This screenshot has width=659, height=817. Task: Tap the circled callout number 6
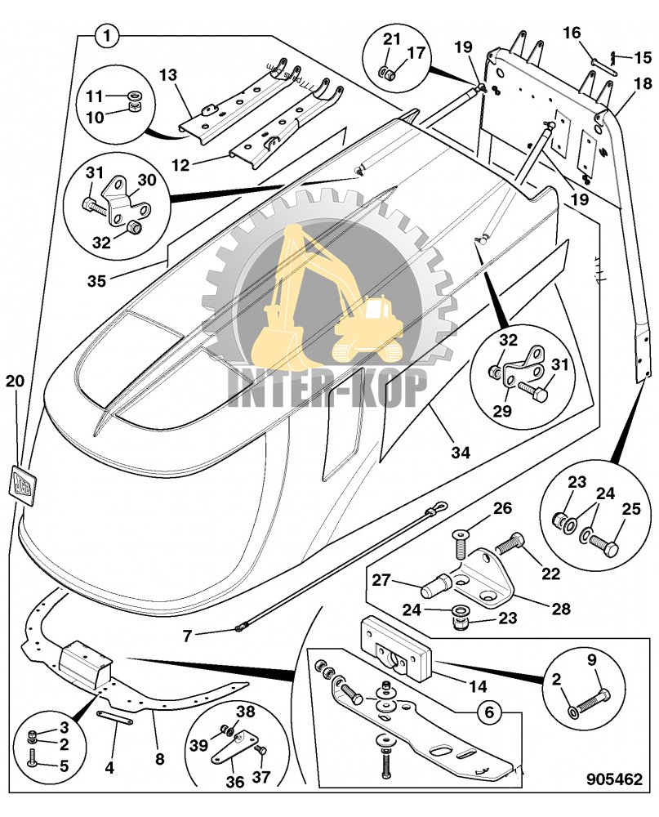tap(489, 712)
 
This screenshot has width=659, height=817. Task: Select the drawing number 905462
tap(612, 779)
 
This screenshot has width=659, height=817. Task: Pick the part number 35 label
tap(97, 280)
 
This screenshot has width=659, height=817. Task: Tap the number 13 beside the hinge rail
tap(168, 75)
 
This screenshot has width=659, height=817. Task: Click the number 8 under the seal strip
tap(159, 759)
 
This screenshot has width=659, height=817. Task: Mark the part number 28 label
tap(560, 608)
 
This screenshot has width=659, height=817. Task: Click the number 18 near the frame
tap(643, 83)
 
